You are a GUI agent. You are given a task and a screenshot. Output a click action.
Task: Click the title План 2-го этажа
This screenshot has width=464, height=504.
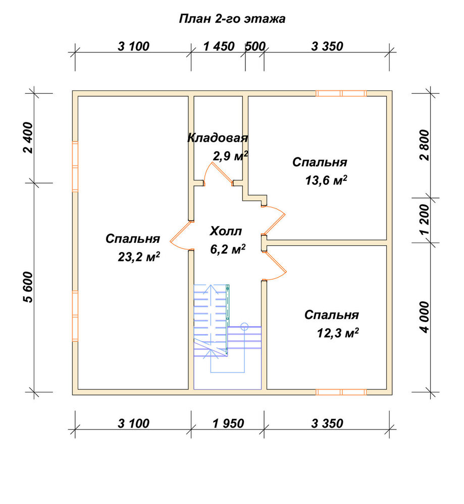click(232, 19)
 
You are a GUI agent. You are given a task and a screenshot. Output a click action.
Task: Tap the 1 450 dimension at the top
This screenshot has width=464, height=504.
click(219, 46)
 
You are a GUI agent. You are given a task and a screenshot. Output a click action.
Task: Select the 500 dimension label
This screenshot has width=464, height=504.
click(255, 46)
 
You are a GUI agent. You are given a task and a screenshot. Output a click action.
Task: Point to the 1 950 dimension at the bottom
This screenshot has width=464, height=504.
click(228, 423)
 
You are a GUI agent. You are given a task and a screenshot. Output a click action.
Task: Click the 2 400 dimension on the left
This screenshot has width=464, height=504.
click(28, 138)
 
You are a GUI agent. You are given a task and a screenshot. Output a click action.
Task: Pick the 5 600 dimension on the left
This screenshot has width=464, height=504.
click(28, 287)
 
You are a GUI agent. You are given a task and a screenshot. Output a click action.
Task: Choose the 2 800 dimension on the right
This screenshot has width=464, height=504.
click(425, 145)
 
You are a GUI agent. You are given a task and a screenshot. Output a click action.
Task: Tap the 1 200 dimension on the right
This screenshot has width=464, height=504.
click(425, 220)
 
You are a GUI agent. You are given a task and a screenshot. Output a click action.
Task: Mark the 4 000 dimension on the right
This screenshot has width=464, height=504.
click(425, 317)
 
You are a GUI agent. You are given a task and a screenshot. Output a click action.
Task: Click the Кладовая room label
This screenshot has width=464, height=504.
click(218, 138)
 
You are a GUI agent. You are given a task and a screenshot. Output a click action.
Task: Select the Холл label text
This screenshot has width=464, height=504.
click(226, 231)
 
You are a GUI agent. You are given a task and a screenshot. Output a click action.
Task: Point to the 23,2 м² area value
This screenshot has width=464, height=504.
click(139, 257)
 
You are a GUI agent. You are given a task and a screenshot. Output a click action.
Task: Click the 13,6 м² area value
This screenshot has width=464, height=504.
click(326, 180)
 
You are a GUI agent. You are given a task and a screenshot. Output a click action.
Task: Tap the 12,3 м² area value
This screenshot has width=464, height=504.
click(338, 333)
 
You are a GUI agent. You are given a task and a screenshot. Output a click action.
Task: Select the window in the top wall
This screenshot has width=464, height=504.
click(341, 94)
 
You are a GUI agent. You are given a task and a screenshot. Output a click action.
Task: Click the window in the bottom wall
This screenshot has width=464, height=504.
click(341, 392)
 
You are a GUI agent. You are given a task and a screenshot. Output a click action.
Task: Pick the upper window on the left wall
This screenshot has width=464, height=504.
click(75, 166)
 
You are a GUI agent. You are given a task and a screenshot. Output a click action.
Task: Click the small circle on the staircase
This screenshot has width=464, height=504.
click(244, 327)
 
